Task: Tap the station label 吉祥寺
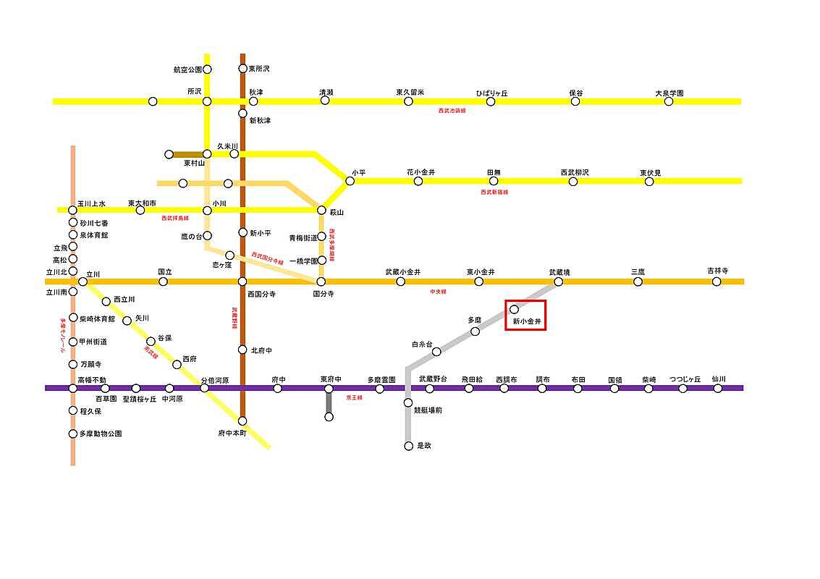717,271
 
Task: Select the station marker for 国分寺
321,282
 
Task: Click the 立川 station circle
82,282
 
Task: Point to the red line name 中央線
438,291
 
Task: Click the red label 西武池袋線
452,111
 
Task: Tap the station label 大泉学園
669,93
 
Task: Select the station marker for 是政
408,446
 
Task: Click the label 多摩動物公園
100,434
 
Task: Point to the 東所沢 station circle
243,69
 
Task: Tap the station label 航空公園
187,69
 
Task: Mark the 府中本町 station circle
242,420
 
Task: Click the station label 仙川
718,379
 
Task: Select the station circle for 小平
350,181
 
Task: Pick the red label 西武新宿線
494,192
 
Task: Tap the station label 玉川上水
92,203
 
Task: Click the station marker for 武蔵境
558,282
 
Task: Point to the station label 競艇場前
428,410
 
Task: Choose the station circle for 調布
542,389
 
